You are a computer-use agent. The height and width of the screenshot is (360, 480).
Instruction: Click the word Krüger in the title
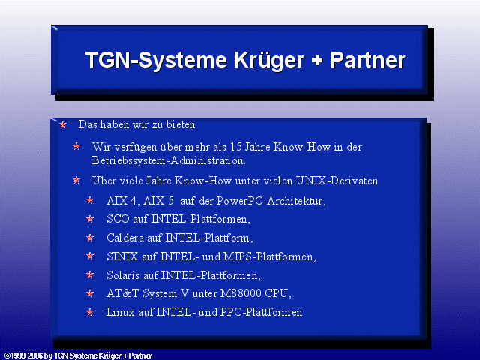[269, 61]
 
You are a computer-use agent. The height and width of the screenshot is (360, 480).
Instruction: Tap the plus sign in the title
[317, 59]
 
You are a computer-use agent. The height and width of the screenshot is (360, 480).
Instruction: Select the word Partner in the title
[368, 60]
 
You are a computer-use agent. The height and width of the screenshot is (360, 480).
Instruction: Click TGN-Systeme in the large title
[156, 60]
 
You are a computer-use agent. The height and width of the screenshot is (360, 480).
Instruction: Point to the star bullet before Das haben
[63, 124]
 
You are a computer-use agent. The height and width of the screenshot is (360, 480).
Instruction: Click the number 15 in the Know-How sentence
[236, 147]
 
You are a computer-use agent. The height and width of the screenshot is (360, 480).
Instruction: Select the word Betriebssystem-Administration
[169, 160]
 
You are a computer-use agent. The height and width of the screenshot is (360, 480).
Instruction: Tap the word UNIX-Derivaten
[337, 181]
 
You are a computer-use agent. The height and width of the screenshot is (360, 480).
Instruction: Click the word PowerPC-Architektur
[271, 201]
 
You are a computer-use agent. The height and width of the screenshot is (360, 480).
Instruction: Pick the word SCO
[118, 219]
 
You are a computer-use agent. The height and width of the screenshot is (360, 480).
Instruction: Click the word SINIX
[122, 256]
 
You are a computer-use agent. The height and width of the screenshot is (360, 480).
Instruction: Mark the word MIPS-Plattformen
[270, 256]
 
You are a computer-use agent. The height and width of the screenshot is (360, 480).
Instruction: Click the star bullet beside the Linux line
[90, 312]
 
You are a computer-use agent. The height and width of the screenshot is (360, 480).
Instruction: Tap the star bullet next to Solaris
[90, 274]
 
